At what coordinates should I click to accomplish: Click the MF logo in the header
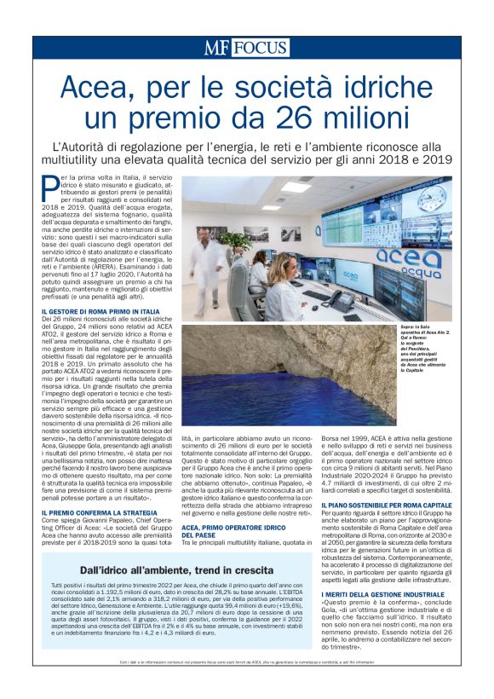(x=217, y=49)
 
